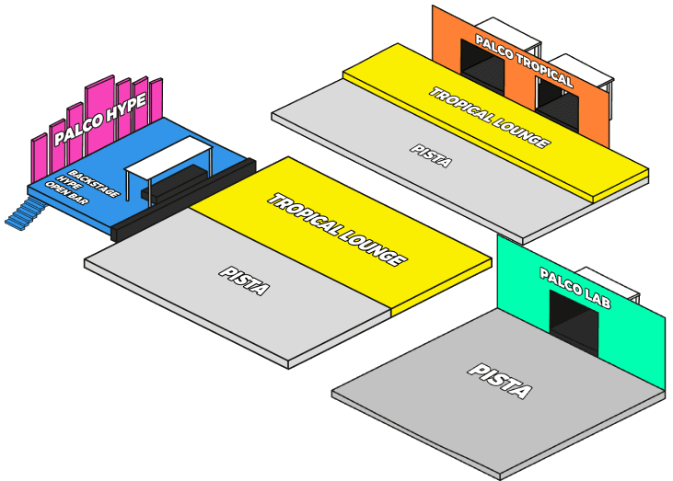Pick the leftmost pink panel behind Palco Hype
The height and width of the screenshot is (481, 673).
39,158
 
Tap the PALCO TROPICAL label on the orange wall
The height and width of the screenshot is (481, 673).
523,62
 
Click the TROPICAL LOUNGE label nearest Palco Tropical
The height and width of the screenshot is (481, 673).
491,118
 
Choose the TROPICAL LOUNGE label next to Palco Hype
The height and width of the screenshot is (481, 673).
337,230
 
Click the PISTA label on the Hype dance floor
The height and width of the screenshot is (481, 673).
244,281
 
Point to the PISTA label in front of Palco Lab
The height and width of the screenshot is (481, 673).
500,380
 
